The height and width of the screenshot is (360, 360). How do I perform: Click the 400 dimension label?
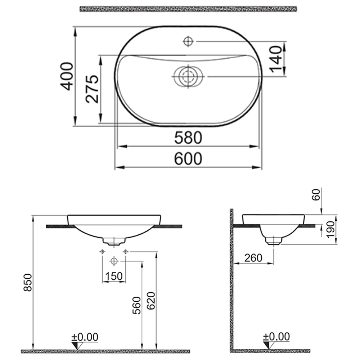(x=67, y=76)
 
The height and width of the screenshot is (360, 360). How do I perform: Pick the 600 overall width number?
(x=188, y=159)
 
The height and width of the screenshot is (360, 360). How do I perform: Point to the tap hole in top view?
(x=188, y=42)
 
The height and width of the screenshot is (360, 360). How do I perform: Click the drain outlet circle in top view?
(x=188, y=77)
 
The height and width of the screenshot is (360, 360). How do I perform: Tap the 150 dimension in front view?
(x=114, y=276)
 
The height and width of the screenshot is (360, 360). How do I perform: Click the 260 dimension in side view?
(x=253, y=258)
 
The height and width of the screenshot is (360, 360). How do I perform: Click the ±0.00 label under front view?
(x=85, y=337)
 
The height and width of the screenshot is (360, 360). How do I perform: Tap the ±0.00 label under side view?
(x=276, y=337)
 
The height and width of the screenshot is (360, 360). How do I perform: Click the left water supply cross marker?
(x=103, y=251)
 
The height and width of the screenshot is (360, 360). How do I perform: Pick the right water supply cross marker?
(x=126, y=251)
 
